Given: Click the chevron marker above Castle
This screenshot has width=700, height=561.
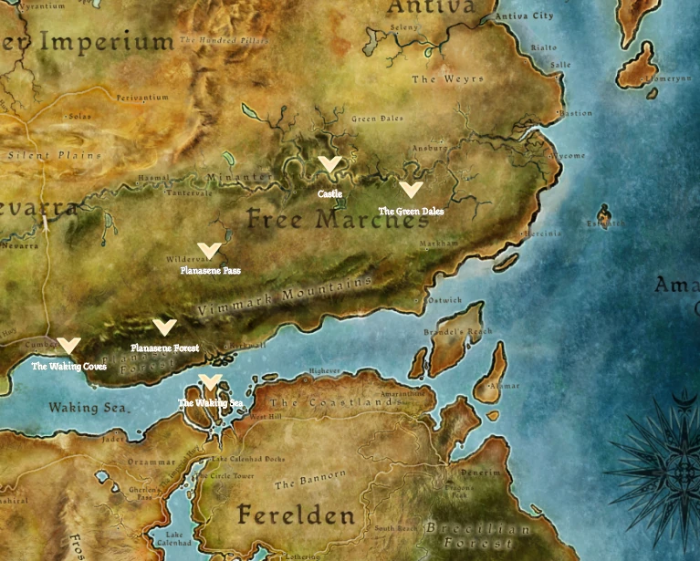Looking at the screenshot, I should (329, 164).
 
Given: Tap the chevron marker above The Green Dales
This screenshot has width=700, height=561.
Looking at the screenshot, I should (411, 190).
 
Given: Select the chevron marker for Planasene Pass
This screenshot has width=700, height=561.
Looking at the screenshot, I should (209, 250).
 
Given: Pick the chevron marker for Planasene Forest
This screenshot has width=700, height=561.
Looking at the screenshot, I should (164, 327).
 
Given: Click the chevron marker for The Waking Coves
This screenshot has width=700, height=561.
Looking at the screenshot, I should (68, 346).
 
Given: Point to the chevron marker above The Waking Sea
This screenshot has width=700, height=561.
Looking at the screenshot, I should (210, 381).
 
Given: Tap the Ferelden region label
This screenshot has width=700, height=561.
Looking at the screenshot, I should (296, 515).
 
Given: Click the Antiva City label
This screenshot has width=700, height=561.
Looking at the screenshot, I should (525, 16).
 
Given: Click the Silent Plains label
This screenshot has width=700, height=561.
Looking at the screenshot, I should (40, 156).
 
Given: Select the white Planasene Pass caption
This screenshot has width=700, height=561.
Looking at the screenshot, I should (210, 270).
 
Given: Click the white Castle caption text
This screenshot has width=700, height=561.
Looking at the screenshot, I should (330, 194).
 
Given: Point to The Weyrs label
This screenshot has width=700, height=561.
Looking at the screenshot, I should (447, 79).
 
